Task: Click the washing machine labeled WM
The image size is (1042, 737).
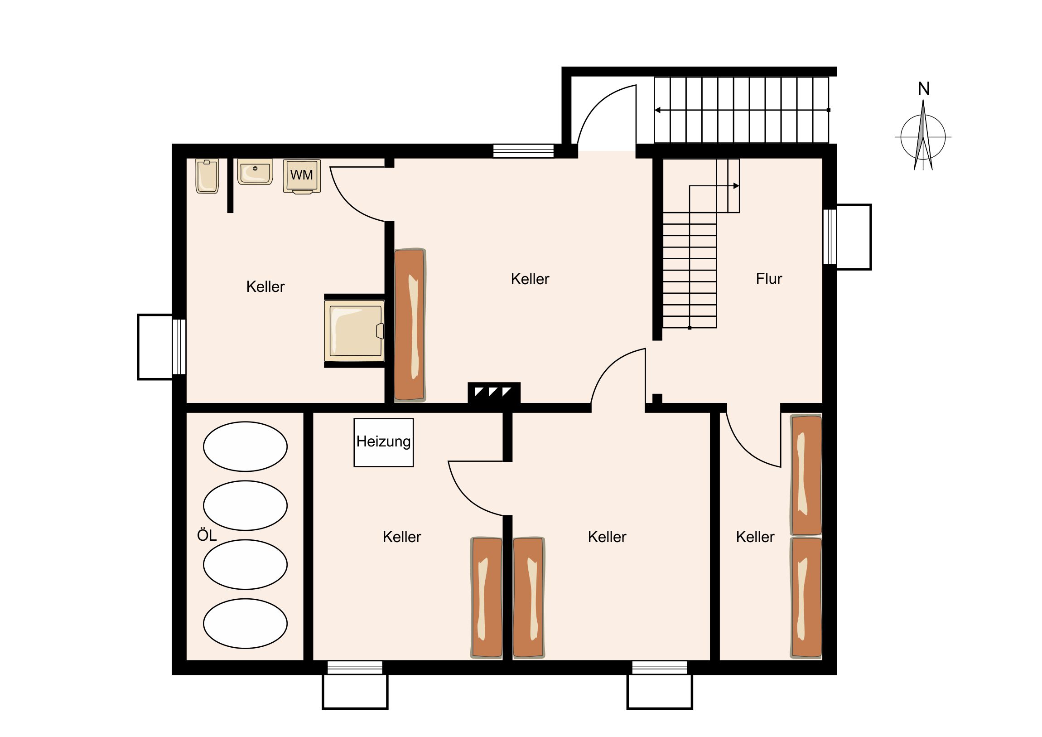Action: tap(302, 176)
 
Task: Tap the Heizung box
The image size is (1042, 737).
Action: tap(383, 442)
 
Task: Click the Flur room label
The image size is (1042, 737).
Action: tap(769, 278)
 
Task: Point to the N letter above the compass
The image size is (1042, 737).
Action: tap(924, 88)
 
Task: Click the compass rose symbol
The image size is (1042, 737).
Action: tap(923, 136)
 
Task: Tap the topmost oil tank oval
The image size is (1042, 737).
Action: tap(245, 446)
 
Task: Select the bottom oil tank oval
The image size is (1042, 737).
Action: tap(245, 623)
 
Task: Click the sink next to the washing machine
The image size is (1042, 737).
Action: tap(255, 172)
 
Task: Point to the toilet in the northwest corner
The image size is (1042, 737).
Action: tap(207, 176)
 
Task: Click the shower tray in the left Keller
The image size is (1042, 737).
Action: tap(354, 330)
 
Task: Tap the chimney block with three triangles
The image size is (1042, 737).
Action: tap(494, 393)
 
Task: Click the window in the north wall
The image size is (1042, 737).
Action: tap(523, 151)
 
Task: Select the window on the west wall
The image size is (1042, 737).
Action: tap(179, 346)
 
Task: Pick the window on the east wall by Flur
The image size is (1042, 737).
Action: tap(830, 237)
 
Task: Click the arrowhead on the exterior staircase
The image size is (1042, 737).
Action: tap(658, 110)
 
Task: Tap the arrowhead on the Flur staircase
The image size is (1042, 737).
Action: tap(736, 186)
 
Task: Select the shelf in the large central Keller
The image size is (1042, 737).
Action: tap(410, 325)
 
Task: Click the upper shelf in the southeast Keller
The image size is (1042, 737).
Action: tap(806, 475)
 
